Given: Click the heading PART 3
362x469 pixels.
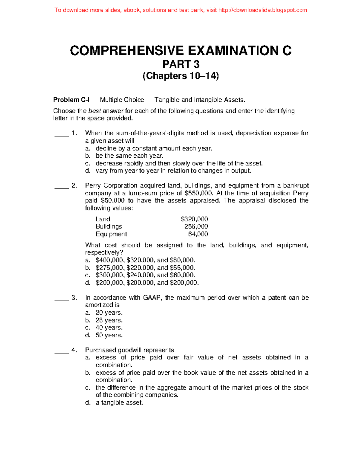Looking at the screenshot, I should coord(181,64).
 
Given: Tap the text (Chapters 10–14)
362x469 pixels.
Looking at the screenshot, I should coord(181,76).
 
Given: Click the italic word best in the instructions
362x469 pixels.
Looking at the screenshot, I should coord(94,111).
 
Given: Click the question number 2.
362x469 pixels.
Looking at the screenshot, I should coord(74,185).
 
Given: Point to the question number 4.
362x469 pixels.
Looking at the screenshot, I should coord(74,350).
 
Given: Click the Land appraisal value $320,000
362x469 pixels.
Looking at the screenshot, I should coord(194,219).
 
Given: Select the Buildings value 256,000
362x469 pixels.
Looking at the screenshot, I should coord(196,226).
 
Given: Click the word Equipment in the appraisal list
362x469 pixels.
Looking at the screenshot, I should coord(111,234).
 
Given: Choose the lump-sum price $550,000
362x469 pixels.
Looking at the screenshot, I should coord(198,193).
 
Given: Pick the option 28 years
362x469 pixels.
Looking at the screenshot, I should coord(109,320).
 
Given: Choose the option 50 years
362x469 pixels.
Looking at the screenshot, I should coord(109,335).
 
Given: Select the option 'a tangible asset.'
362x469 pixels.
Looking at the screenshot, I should coord(119,403).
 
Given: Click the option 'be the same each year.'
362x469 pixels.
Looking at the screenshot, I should coord(129,156).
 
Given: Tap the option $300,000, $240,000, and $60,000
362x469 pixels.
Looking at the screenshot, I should coord(145,275).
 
